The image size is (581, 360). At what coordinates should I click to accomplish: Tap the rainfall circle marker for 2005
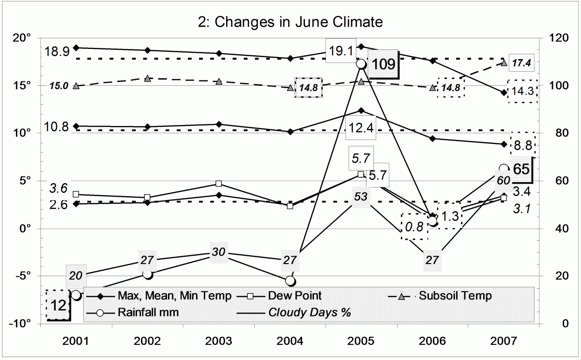click(361, 63)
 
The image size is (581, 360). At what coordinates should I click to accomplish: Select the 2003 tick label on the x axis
click(219, 342)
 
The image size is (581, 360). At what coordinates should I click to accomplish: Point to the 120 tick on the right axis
click(556, 37)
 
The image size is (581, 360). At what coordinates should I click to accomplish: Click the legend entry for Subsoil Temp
click(455, 295)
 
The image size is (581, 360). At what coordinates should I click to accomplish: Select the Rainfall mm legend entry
click(148, 313)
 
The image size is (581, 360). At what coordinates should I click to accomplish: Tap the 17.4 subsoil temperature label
click(521, 63)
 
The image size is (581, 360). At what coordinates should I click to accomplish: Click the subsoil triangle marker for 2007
click(504, 63)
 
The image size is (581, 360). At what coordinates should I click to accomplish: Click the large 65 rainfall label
click(521, 170)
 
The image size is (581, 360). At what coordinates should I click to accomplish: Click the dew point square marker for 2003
click(219, 184)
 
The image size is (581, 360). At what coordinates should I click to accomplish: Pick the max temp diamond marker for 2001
click(76, 47)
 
